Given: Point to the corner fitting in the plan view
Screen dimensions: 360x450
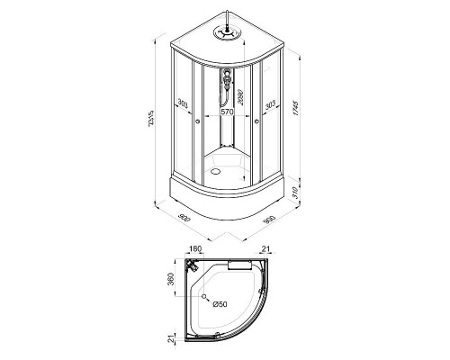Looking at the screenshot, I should [x=193, y=267].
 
